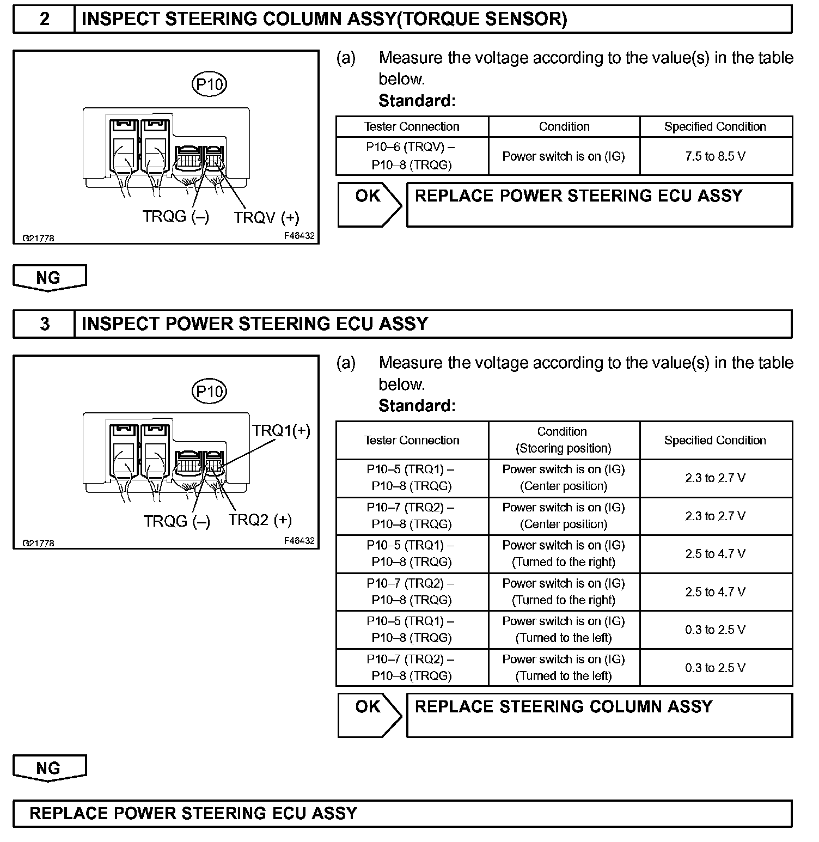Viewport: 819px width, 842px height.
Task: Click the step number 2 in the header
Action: pos(44,19)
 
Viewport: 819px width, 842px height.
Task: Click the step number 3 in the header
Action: pos(44,324)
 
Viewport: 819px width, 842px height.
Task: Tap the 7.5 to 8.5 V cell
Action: pos(715,156)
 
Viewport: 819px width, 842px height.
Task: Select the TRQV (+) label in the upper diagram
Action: pos(267,218)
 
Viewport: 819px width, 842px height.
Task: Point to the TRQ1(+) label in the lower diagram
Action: pos(281,431)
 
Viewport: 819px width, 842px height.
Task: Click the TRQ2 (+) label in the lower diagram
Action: pos(260,520)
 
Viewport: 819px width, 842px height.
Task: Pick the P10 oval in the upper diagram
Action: pos(210,84)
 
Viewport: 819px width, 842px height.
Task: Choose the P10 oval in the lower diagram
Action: pos(210,392)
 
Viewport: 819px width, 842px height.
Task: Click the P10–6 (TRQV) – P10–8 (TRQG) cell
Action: pos(412,156)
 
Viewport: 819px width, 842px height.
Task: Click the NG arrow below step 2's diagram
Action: pos(49,278)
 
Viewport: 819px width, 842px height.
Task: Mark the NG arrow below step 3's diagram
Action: pos(49,768)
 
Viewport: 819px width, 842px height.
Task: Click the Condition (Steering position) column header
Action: pos(564,440)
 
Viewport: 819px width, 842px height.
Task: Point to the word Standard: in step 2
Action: pos(417,101)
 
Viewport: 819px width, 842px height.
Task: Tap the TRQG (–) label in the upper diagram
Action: pos(175,217)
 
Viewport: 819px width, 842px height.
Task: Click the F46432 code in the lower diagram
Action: pos(299,541)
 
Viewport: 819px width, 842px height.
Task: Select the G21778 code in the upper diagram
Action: pos(38,238)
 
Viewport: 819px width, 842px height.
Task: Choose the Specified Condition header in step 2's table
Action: pos(715,127)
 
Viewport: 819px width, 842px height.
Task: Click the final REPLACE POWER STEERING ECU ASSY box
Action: pos(402,814)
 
